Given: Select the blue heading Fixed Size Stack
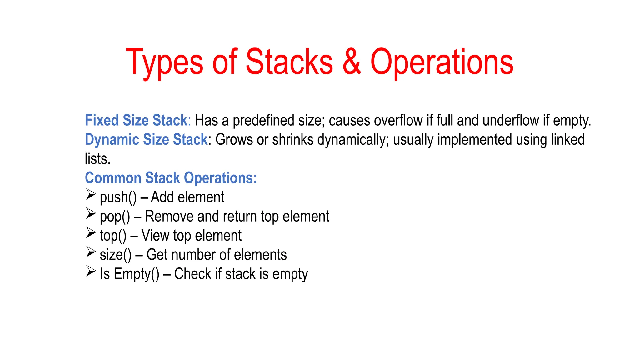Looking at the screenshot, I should [x=136, y=120].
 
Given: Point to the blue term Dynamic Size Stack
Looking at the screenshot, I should [x=146, y=139].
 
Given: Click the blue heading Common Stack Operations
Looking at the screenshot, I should [x=171, y=178].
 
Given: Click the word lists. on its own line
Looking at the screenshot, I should [x=97, y=159].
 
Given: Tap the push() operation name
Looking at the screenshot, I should [x=118, y=197].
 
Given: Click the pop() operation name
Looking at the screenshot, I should [x=115, y=217].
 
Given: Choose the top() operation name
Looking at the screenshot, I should [x=113, y=236].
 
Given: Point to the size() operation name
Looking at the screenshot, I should [x=116, y=255].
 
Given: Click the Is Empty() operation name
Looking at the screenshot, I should [x=129, y=274].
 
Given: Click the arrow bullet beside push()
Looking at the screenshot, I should [x=91, y=194].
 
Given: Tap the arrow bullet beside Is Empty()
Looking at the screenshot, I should [x=91, y=271].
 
